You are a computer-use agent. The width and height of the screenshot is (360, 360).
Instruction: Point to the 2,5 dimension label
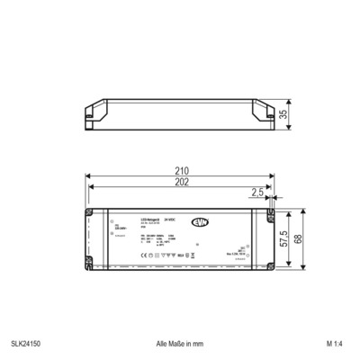(x=256, y=192)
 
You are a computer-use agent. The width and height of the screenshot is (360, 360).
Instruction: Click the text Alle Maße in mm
(x=179, y=343)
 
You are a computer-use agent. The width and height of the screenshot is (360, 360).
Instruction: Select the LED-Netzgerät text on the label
(x=149, y=220)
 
